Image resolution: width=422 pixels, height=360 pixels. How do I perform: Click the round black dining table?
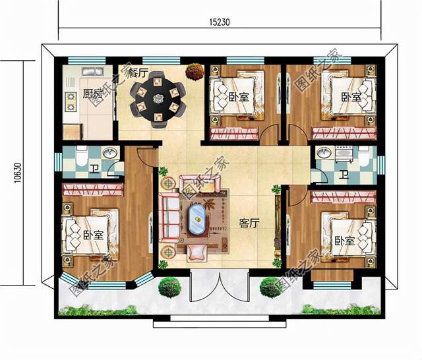point(158,99)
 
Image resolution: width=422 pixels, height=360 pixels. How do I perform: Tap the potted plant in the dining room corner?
point(193,69)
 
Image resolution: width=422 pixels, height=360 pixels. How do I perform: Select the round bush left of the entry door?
point(169,287)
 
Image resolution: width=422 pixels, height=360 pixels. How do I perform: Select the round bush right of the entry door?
point(270,287)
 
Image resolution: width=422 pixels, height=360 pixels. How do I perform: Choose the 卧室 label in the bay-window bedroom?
point(93,235)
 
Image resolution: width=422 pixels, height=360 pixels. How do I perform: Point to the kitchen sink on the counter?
point(89,72)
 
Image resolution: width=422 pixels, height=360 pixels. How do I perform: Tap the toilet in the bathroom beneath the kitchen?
point(79,158)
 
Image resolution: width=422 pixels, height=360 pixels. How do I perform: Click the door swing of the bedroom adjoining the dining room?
point(270,133)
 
